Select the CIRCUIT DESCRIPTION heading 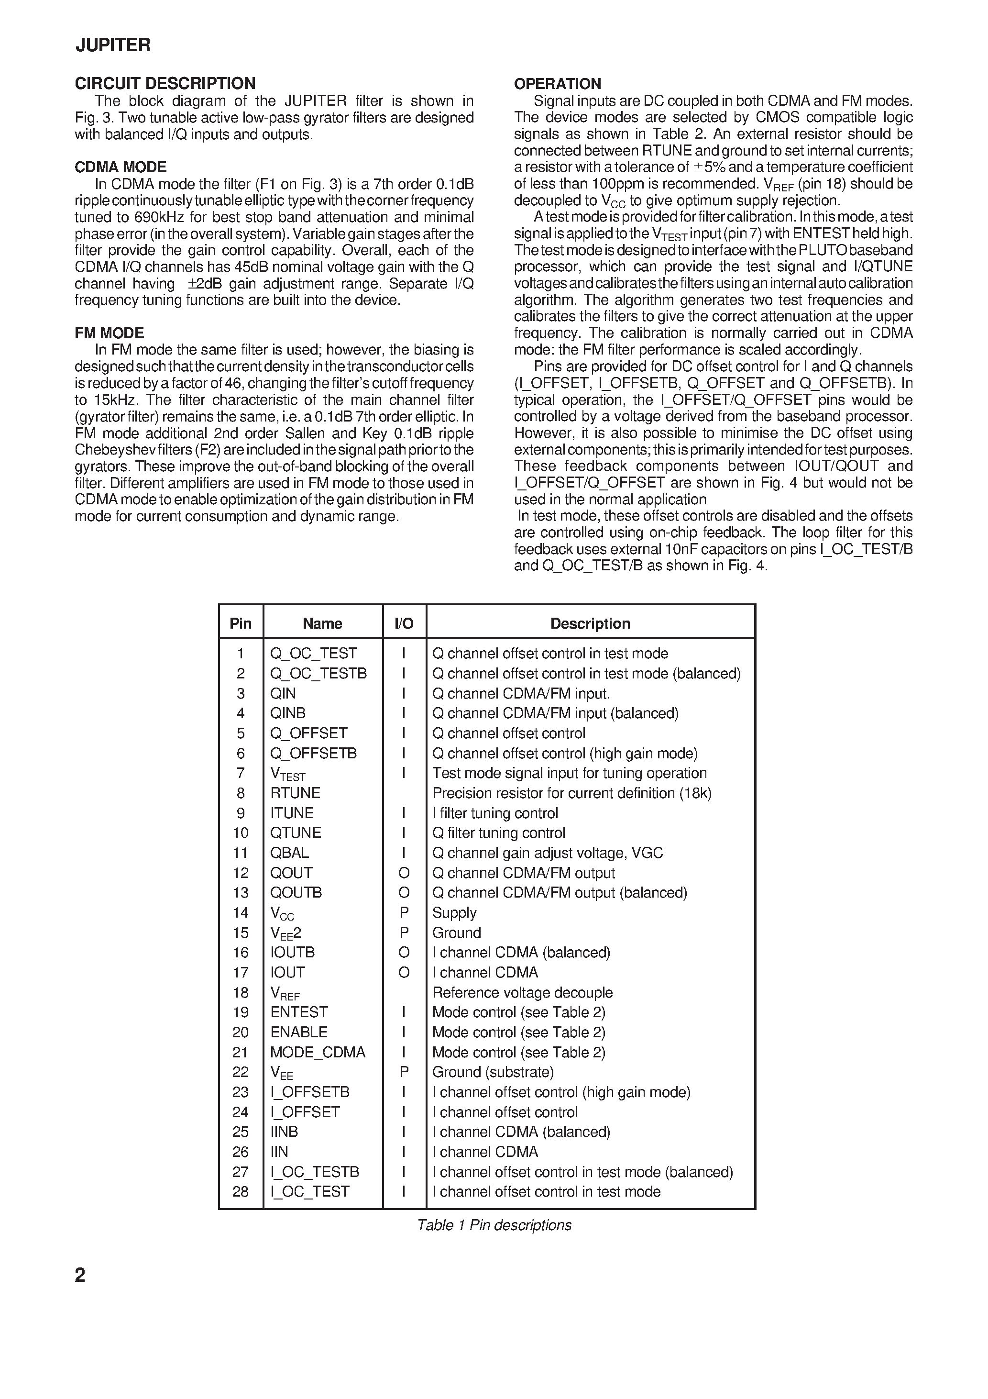coord(165,83)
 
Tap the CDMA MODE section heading coord(121,167)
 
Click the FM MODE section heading coord(110,333)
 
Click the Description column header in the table coord(590,623)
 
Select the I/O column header coord(404,623)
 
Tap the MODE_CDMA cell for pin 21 coord(318,1052)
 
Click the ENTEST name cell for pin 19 coord(299,1012)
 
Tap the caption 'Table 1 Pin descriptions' coord(494,1225)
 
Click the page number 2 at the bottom coord(80,1275)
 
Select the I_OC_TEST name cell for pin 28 coord(309,1191)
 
